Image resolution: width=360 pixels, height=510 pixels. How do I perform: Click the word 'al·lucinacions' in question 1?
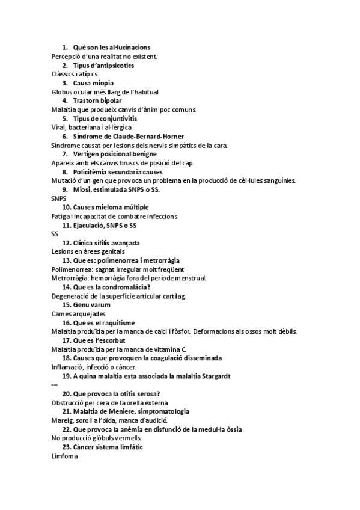point(129,47)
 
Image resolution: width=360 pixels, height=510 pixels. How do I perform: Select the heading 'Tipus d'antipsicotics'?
point(103,65)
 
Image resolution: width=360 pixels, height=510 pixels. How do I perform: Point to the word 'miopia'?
point(102,83)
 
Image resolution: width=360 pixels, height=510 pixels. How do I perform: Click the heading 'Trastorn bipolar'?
point(97,100)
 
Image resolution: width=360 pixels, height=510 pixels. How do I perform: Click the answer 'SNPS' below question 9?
point(59,198)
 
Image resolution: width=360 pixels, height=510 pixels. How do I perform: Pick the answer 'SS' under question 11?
point(55,234)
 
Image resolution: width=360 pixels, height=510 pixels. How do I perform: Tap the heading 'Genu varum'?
point(92,305)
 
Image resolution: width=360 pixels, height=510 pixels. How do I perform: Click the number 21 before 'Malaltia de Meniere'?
point(66,411)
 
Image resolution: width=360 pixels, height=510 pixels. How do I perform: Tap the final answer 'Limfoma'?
point(65,456)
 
